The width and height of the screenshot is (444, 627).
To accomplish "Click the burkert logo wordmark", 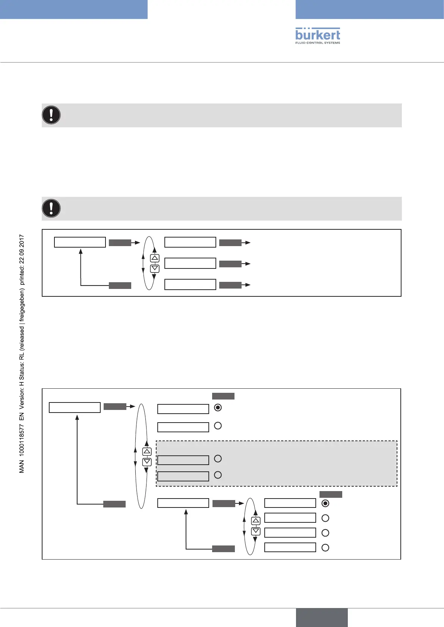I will coord(318,34).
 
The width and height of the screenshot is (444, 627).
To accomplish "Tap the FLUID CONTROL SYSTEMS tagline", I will coord(318,43).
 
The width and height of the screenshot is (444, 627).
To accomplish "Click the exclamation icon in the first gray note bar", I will coord(51,115).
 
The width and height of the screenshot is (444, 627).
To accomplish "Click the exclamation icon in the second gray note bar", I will coord(51,209).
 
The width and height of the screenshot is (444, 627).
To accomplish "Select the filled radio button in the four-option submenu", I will coord(325,503).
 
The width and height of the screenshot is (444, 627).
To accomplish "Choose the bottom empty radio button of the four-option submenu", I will coord(325,548).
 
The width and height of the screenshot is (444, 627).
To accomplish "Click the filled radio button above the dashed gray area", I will coord(218,408).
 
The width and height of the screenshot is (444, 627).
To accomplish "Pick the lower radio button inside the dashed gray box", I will coord(218,475).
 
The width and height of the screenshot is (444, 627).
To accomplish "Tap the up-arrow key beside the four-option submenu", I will coord(256,521).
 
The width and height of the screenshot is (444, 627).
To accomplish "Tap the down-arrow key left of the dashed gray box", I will coord(147,462).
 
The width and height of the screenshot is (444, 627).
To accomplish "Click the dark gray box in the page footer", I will coord(322,617).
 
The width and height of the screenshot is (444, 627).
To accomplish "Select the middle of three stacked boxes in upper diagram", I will coord(190,263).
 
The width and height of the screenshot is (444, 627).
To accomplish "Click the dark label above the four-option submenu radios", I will coord(331,494).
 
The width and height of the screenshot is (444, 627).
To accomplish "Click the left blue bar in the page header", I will coord(74,9).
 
